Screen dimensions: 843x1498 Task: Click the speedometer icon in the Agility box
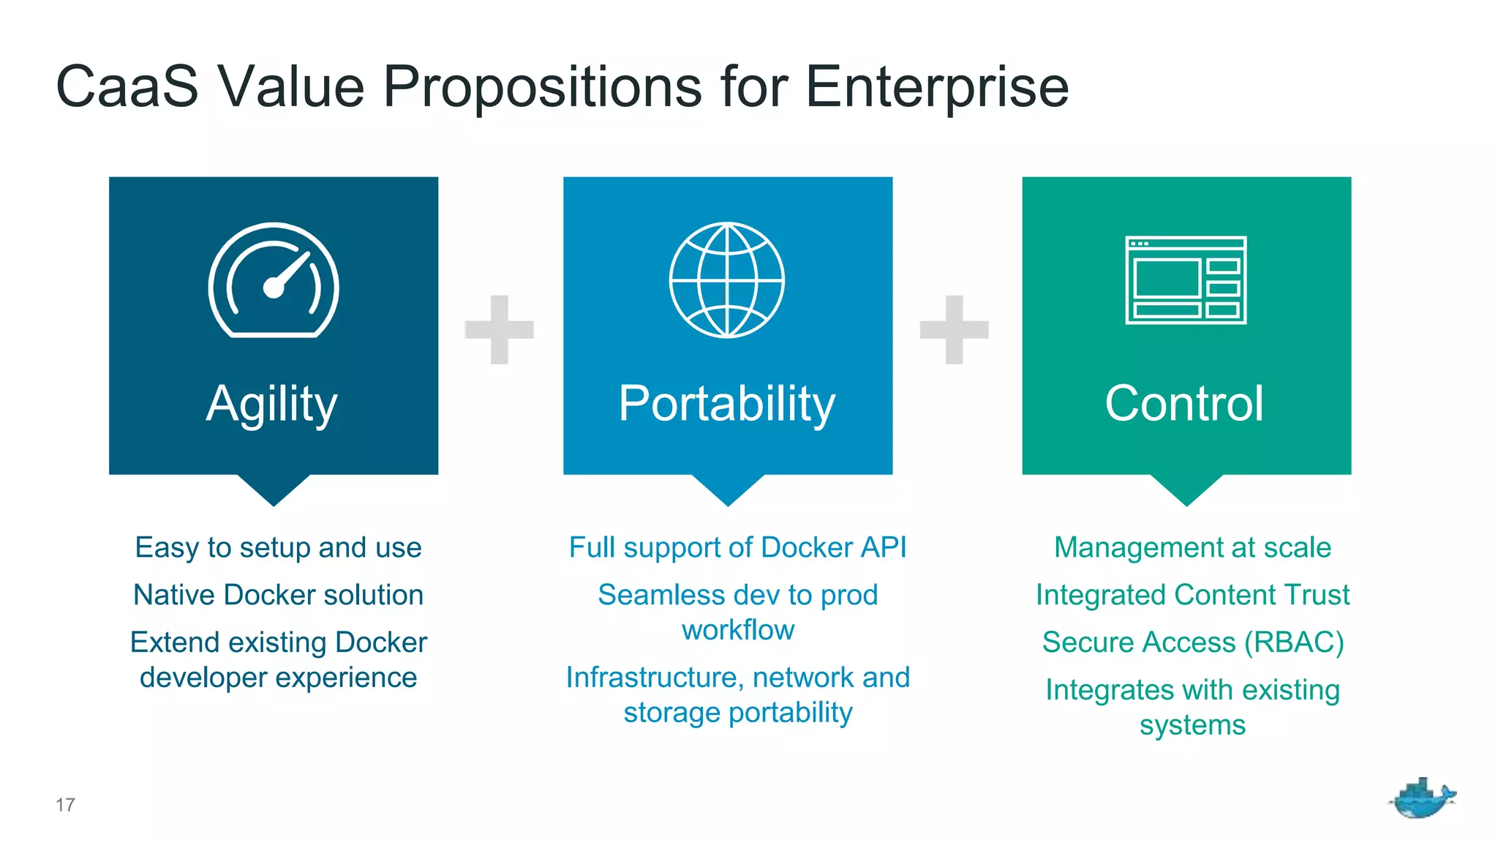tap(274, 280)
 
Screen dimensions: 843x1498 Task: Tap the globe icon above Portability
tap(727, 280)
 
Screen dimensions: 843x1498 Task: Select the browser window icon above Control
tap(1186, 280)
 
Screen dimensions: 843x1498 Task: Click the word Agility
tap(272, 404)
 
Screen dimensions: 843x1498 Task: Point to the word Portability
tap(727, 404)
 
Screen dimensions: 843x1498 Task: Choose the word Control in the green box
tap(1184, 404)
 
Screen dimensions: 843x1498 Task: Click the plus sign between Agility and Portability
tap(500, 329)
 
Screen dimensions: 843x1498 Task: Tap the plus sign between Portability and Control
tap(954, 329)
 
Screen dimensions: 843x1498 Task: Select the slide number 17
tap(65, 805)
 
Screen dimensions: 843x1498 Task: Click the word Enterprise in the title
tap(937, 87)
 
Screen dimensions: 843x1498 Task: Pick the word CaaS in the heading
tap(127, 87)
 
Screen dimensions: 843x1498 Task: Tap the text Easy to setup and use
tap(278, 548)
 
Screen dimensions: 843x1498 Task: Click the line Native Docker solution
tap(278, 595)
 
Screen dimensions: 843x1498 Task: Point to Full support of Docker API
tap(737, 548)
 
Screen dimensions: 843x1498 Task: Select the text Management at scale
tap(1192, 548)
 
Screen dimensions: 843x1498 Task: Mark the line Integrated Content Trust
tap(1192, 595)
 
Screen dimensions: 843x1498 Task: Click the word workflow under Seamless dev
tap(737, 630)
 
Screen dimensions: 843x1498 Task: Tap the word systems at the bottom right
tap(1192, 725)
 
